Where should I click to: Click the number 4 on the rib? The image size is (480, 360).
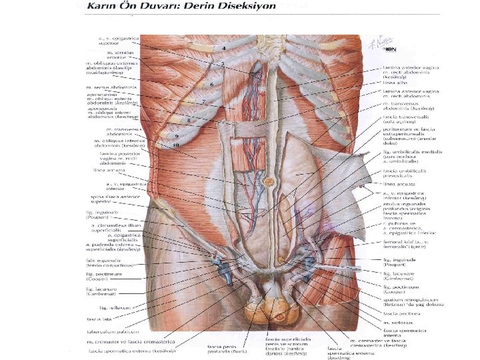[224, 49]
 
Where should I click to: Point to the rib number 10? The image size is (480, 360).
[177, 144]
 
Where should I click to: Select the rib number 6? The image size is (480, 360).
[211, 85]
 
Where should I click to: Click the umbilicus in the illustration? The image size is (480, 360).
[269, 181]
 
